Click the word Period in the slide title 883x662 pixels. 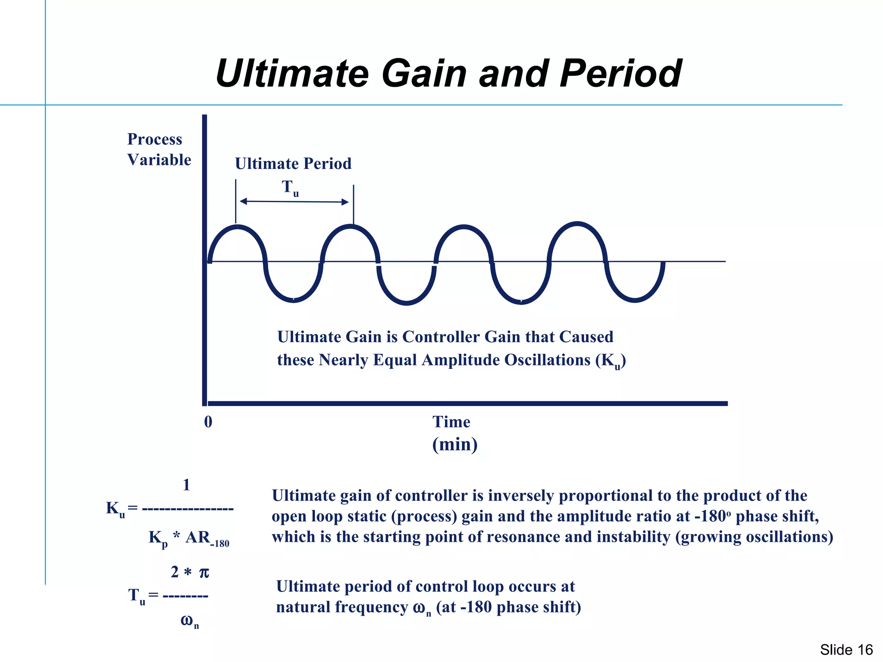coord(620,74)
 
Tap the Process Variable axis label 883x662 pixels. coord(159,149)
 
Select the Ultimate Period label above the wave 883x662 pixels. coord(293,164)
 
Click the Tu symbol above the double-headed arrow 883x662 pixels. coord(290,188)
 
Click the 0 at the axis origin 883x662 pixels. coord(208,422)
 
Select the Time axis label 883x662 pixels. coord(451,422)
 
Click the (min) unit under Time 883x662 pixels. coord(455,444)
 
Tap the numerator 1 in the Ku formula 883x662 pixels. coord(186,485)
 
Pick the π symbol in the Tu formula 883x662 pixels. coord(204,573)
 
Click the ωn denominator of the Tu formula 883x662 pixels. coord(189,621)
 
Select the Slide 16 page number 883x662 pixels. coord(846,650)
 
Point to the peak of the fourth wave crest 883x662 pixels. coord(577,224)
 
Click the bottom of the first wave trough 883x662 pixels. coord(293,300)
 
